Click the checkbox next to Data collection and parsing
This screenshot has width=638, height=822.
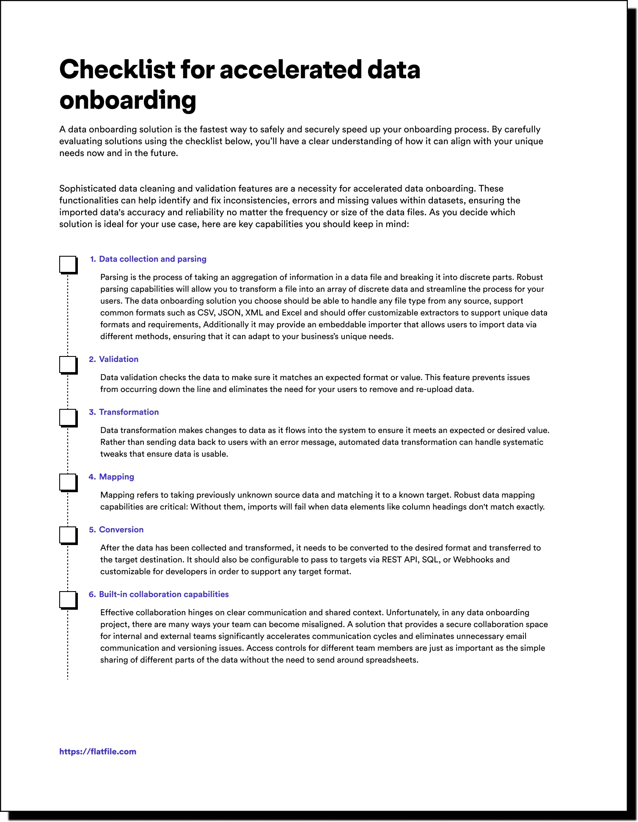68,264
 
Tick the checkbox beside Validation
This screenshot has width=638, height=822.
68,364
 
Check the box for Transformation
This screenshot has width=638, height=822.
68,417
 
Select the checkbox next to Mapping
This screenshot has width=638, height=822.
68,482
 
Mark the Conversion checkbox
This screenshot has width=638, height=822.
68,535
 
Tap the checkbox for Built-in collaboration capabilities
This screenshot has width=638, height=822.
68,600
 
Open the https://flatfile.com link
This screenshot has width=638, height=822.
98,751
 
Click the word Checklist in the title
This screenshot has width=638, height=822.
117,69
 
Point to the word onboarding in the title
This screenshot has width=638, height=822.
128,100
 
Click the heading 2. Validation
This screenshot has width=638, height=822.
114,359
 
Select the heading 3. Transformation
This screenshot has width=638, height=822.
124,412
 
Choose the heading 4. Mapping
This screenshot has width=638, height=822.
112,477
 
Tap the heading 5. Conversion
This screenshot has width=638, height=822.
116,529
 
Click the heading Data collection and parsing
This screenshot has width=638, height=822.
152,259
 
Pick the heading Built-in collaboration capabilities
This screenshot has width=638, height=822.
163,594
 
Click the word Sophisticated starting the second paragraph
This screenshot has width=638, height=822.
88,189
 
